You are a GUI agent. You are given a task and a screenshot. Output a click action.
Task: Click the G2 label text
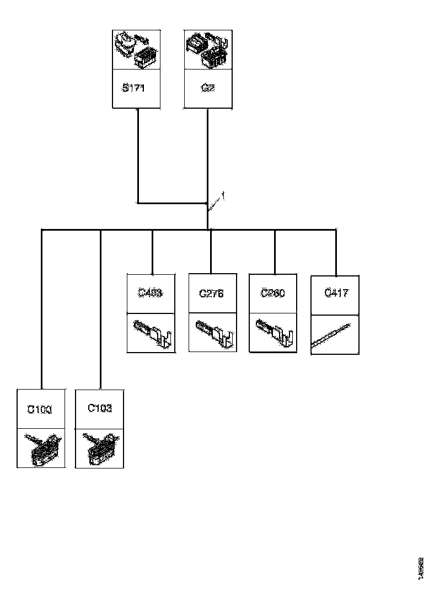[207, 88]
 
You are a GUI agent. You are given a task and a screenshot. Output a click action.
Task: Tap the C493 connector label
[150, 293]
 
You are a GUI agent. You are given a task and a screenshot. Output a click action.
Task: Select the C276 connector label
[211, 294]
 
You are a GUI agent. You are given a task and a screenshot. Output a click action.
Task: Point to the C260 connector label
[273, 294]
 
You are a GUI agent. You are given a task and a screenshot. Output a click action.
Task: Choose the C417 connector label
[336, 293]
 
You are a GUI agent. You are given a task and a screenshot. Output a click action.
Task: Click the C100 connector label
[39, 410]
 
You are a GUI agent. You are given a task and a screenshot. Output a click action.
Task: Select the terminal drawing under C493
[151, 333]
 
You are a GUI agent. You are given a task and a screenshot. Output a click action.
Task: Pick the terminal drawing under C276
[213, 333]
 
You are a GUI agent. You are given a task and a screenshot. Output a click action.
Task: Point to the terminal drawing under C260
[274, 333]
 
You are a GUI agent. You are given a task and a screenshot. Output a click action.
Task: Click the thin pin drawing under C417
[335, 334]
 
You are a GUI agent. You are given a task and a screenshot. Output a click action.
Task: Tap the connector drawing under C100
[41, 448]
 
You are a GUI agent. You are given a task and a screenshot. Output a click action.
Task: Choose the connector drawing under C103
[100, 448]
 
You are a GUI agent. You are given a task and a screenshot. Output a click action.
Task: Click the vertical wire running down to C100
[42, 309]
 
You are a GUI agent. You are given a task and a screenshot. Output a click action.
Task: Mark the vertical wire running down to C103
[100, 309]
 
